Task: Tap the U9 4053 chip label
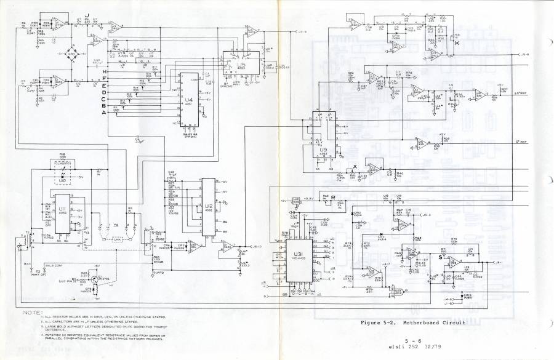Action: coord(323,150)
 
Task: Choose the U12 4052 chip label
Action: coord(209,207)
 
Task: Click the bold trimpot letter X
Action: coord(355,167)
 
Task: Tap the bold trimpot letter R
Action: coord(332,198)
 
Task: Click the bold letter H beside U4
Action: coord(105,72)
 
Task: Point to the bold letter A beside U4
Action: coord(105,113)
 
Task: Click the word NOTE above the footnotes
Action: coord(32,313)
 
